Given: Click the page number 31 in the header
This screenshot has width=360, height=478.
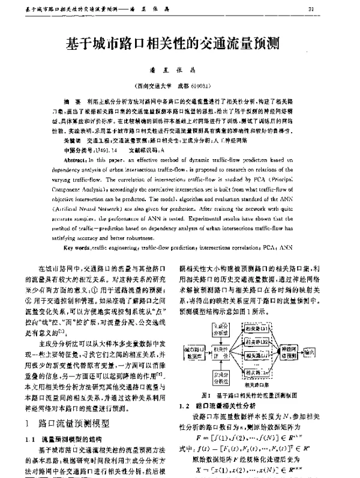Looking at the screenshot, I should [344, 8].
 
